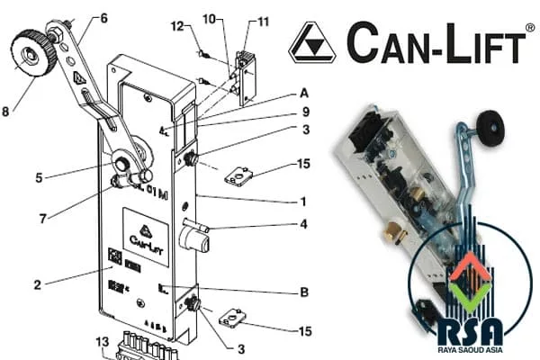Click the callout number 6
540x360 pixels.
[103, 18]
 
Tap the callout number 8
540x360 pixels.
[5, 112]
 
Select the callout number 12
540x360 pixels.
[177, 26]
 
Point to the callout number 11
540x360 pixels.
[263, 22]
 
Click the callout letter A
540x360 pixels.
[304, 94]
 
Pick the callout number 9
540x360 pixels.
[305, 112]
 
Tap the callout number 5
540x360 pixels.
[39, 178]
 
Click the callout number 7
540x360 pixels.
[42, 219]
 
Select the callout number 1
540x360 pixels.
[303, 202]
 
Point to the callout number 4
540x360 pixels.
[303, 224]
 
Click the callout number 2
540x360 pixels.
[38, 285]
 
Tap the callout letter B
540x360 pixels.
[304, 292]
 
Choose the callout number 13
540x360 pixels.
[103, 342]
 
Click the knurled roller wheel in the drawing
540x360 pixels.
[33, 53]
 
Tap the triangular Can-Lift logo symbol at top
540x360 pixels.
[312, 42]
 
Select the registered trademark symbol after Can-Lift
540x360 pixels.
[530, 28]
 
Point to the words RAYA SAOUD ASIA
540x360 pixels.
[470, 350]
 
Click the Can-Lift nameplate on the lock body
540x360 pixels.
[146, 237]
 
